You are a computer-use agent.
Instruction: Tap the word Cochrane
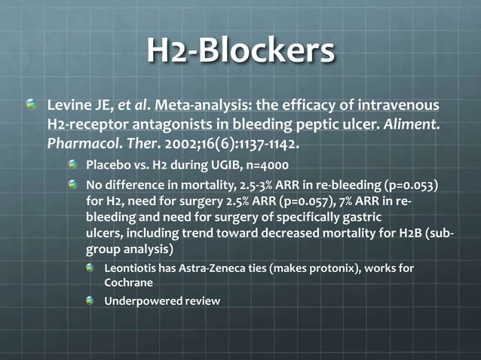click(130, 284)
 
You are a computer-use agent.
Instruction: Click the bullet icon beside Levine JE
click(30, 104)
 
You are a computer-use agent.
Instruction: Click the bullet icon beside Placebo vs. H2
click(73, 165)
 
